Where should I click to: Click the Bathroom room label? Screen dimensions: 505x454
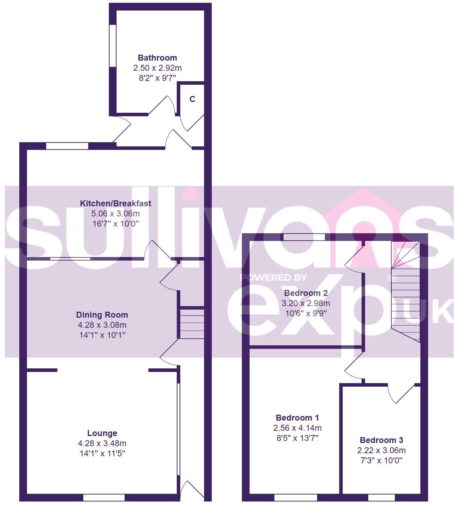pyautogui.click(x=157, y=58)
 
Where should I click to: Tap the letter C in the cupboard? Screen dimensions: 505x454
pyautogui.click(x=192, y=99)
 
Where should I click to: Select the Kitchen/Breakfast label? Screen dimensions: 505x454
pyautogui.click(x=116, y=203)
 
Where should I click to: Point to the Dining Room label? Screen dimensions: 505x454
pyautogui.click(x=102, y=314)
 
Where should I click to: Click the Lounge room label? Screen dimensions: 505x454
pyautogui.click(x=102, y=433)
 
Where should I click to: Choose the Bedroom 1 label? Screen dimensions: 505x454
pyautogui.click(x=297, y=417)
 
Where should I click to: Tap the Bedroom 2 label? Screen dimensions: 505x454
pyautogui.click(x=306, y=293)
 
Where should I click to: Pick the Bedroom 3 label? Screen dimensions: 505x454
pyautogui.click(x=381, y=440)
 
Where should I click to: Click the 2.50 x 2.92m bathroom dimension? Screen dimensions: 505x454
pyautogui.click(x=157, y=68)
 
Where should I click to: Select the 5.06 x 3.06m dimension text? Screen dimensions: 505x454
pyautogui.click(x=116, y=213)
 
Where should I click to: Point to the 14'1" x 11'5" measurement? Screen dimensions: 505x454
pyautogui.click(x=102, y=454)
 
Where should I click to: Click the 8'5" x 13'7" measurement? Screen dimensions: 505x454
pyautogui.click(x=297, y=438)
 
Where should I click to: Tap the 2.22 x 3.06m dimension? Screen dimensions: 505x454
pyautogui.click(x=381, y=450)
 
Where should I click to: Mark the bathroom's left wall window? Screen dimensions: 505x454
pyautogui.click(x=113, y=46)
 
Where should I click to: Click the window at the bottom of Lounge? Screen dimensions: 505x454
pyautogui.click(x=104, y=497)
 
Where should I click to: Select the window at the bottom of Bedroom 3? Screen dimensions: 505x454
pyautogui.click(x=381, y=497)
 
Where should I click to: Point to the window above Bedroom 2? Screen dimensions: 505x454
pyautogui.click(x=304, y=237)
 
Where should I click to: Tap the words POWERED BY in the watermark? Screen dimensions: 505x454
pyautogui.click(x=273, y=278)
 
